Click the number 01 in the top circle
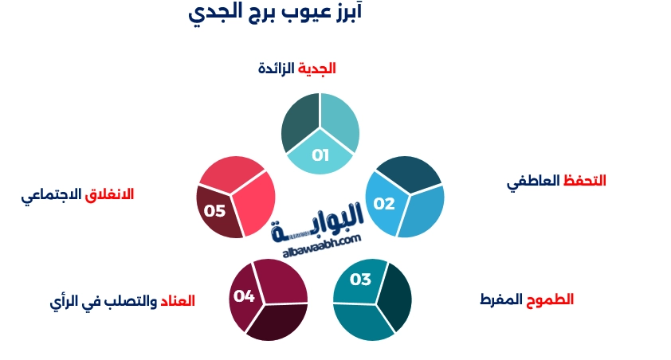point(320,155)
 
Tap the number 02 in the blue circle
point(384,204)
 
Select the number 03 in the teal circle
point(360,280)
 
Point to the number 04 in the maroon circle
point(244,296)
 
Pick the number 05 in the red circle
point(215,211)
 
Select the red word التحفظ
point(585,181)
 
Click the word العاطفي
point(534,182)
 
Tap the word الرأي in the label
point(64,302)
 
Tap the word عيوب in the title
point(314,14)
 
